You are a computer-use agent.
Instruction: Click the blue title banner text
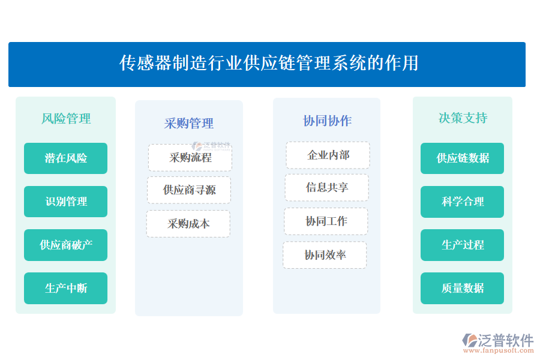click(269, 63)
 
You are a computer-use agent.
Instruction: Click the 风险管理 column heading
click(66, 119)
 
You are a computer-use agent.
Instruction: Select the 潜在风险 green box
click(66, 158)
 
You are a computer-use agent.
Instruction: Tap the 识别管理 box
click(66, 202)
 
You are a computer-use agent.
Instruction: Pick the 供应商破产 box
click(66, 245)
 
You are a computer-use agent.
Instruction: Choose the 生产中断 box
click(66, 288)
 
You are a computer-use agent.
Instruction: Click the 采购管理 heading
click(189, 124)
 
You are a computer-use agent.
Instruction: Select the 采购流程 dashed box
click(190, 158)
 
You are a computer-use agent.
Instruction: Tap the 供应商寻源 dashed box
click(189, 190)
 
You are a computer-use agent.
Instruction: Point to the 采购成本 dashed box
click(188, 224)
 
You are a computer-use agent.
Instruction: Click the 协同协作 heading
click(327, 121)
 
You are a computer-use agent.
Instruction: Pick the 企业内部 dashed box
click(328, 155)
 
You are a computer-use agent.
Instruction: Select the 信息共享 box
click(326, 188)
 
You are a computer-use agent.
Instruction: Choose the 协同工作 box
click(326, 221)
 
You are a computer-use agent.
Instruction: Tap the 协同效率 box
click(325, 255)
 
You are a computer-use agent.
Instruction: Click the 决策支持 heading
click(463, 118)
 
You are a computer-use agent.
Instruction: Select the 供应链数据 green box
click(463, 158)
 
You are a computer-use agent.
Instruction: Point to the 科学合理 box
click(463, 202)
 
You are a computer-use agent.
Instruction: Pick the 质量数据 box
click(463, 288)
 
